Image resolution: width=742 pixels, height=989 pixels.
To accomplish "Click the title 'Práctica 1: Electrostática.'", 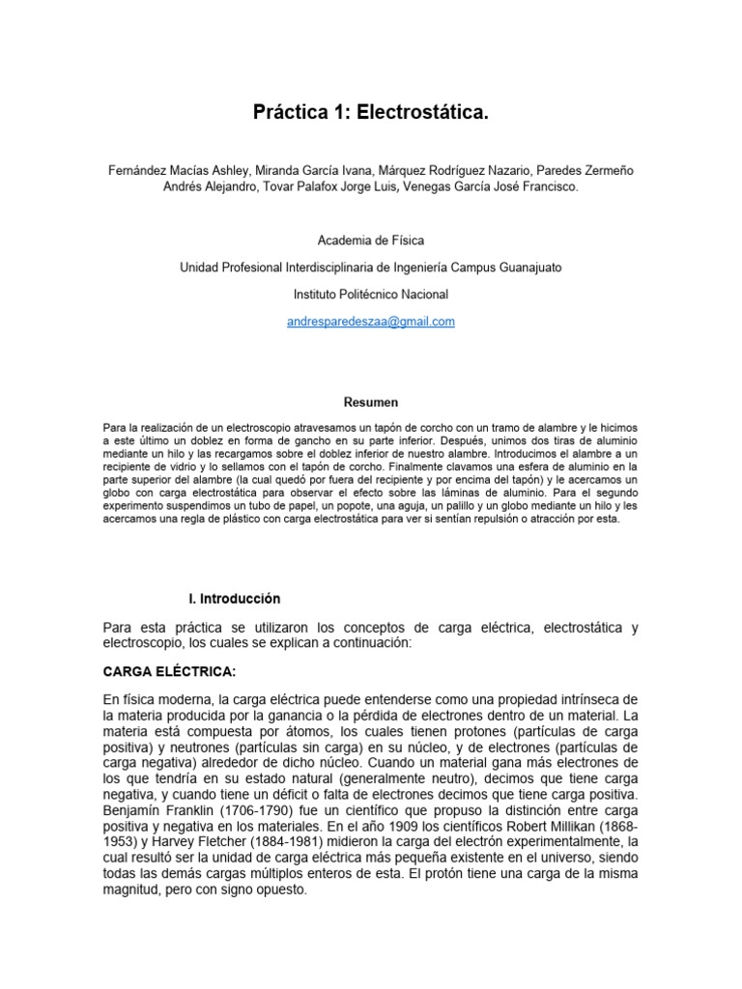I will (x=371, y=114).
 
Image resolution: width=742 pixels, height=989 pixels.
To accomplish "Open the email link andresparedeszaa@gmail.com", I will (x=371, y=322).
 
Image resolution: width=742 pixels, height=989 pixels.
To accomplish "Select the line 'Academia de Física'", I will (x=371, y=240).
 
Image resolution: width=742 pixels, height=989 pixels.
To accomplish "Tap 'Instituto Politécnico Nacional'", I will (x=371, y=294).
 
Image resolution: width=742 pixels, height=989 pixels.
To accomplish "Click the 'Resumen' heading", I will (x=371, y=402).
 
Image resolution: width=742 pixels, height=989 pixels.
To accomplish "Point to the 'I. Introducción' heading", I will (x=235, y=599).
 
